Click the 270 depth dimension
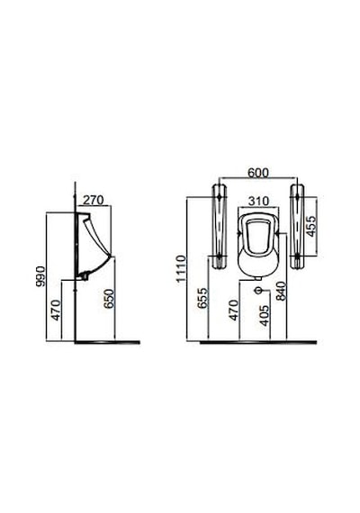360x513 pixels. coord(93,200)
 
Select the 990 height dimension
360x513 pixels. coord(40,276)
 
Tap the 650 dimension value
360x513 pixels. coord(109,299)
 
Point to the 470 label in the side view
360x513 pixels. coord(56,310)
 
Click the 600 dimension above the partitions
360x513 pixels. coord(258,173)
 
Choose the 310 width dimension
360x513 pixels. coord(258,201)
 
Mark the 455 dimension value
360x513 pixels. coord(311,225)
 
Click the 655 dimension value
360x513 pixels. coord(202,298)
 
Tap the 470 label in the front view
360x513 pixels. coord(233,310)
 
